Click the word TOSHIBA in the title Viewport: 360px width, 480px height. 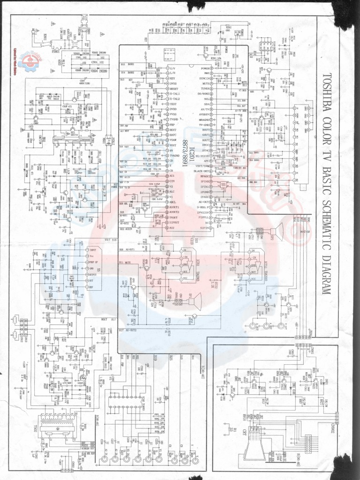[x=327, y=90]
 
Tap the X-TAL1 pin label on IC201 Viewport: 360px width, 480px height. [x=174, y=93]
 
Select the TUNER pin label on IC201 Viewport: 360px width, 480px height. [x=205, y=88]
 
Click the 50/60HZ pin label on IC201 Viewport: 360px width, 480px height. [x=204, y=93]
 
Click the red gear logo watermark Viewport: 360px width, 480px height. [x=29, y=60]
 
